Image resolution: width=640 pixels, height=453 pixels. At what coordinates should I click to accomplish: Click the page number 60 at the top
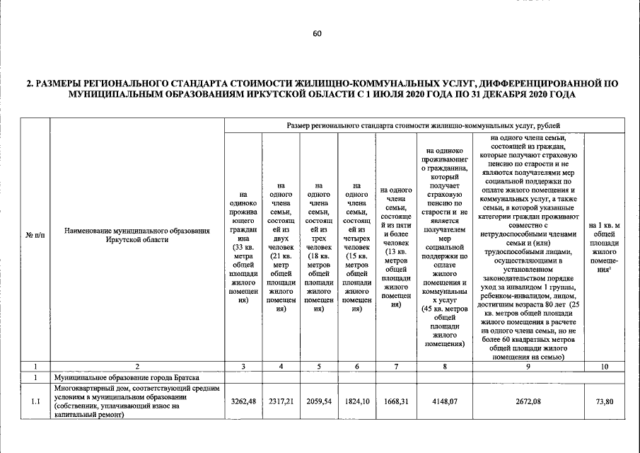point(317,33)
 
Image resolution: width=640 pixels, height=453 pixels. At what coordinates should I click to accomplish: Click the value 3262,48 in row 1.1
point(243,402)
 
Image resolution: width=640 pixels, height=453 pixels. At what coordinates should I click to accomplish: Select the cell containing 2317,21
point(281,402)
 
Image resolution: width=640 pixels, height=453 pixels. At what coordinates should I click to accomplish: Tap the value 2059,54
point(319,402)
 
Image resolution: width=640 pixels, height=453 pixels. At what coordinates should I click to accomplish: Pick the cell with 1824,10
point(357,402)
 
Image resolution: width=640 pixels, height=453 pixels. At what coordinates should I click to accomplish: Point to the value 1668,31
point(396,402)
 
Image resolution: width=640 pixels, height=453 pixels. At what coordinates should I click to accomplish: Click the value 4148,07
point(443,402)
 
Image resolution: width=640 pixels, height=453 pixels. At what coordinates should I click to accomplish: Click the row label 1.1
point(35,402)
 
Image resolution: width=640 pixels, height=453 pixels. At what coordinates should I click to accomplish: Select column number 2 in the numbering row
point(137,366)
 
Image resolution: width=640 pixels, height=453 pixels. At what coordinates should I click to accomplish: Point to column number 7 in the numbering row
point(396,366)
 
